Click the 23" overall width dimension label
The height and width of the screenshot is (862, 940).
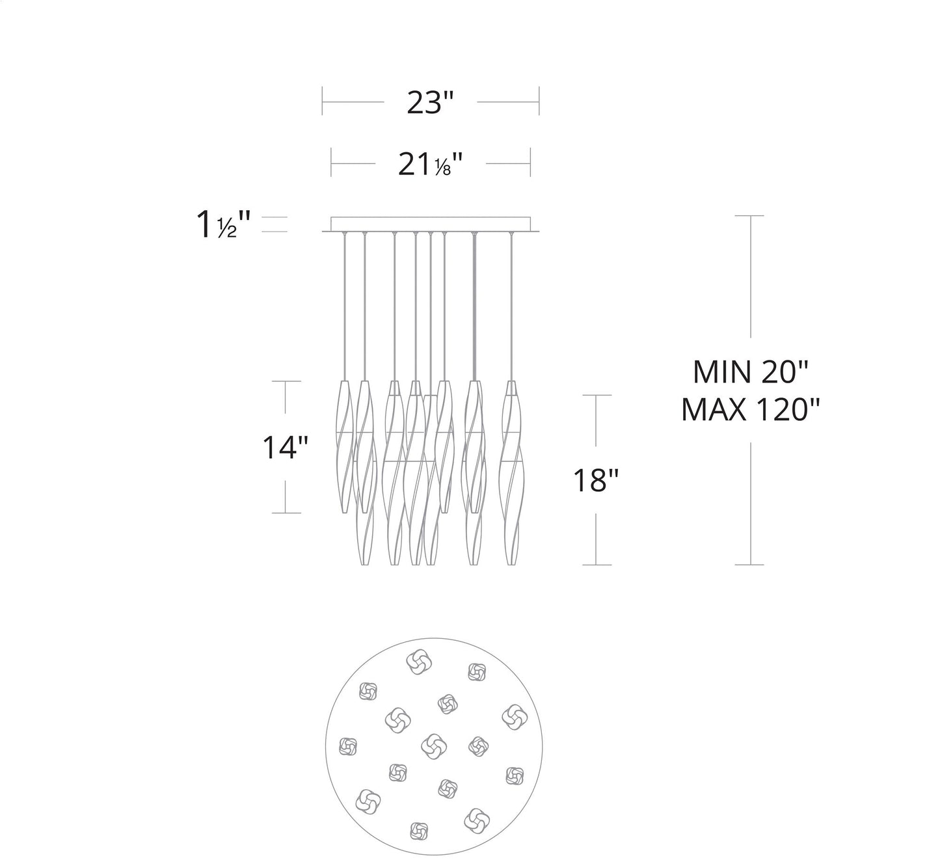[x=429, y=102]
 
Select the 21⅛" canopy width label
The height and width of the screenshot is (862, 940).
[x=430, y=164]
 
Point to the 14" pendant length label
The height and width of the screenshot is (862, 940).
[x=285, y=448]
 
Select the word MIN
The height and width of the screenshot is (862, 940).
[x=720, y=373]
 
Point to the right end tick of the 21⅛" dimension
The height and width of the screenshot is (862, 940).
[x=531, y=163]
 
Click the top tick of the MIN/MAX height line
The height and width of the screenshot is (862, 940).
[x=751, y=215]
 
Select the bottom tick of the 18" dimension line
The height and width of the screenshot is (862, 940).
[x=597, y=565]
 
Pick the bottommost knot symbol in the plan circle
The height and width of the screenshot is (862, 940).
[x=418, y=831]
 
